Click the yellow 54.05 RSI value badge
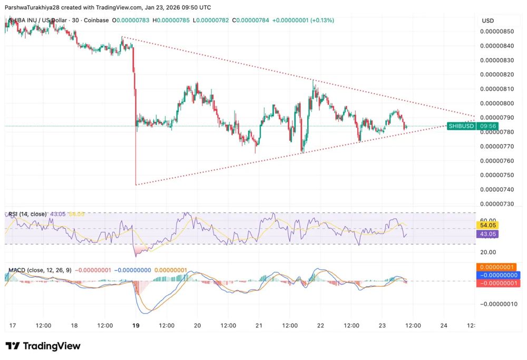(487, 225)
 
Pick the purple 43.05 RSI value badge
(487, 234)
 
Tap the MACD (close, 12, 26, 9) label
(40, 270)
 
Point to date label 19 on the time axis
(136, 325)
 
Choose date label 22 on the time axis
(320, 325)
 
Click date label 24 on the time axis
(443, 325)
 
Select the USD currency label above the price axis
(487, 21)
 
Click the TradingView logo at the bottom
(43, 346)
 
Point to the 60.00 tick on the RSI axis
(488, 220)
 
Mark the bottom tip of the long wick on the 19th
(136, 184)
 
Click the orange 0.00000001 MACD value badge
(498, 267)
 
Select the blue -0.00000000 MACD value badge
(498, 275)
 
